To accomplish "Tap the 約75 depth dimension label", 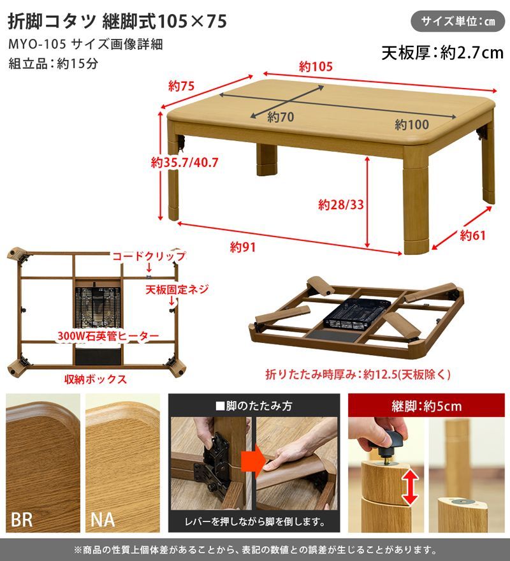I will point(181,85).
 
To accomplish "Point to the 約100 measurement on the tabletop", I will point(411,124).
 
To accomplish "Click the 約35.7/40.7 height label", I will point(185,163).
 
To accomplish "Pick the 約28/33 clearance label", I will point(340,205).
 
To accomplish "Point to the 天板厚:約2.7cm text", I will point(442,52).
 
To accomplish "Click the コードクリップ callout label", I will point(149,256).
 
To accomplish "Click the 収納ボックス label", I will point(95,379).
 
